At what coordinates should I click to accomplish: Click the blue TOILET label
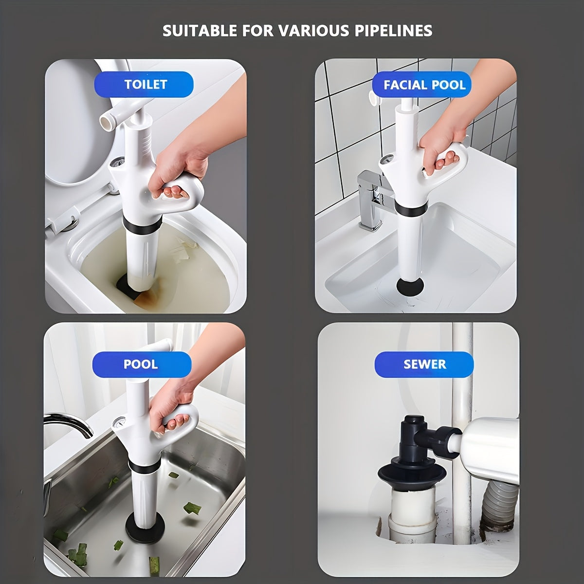(146, 84)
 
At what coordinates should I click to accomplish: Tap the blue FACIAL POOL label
(424, 85)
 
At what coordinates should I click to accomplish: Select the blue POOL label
(140, 364)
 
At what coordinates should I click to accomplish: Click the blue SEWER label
(424, 364)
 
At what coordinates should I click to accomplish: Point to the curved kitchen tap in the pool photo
(71, 422)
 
